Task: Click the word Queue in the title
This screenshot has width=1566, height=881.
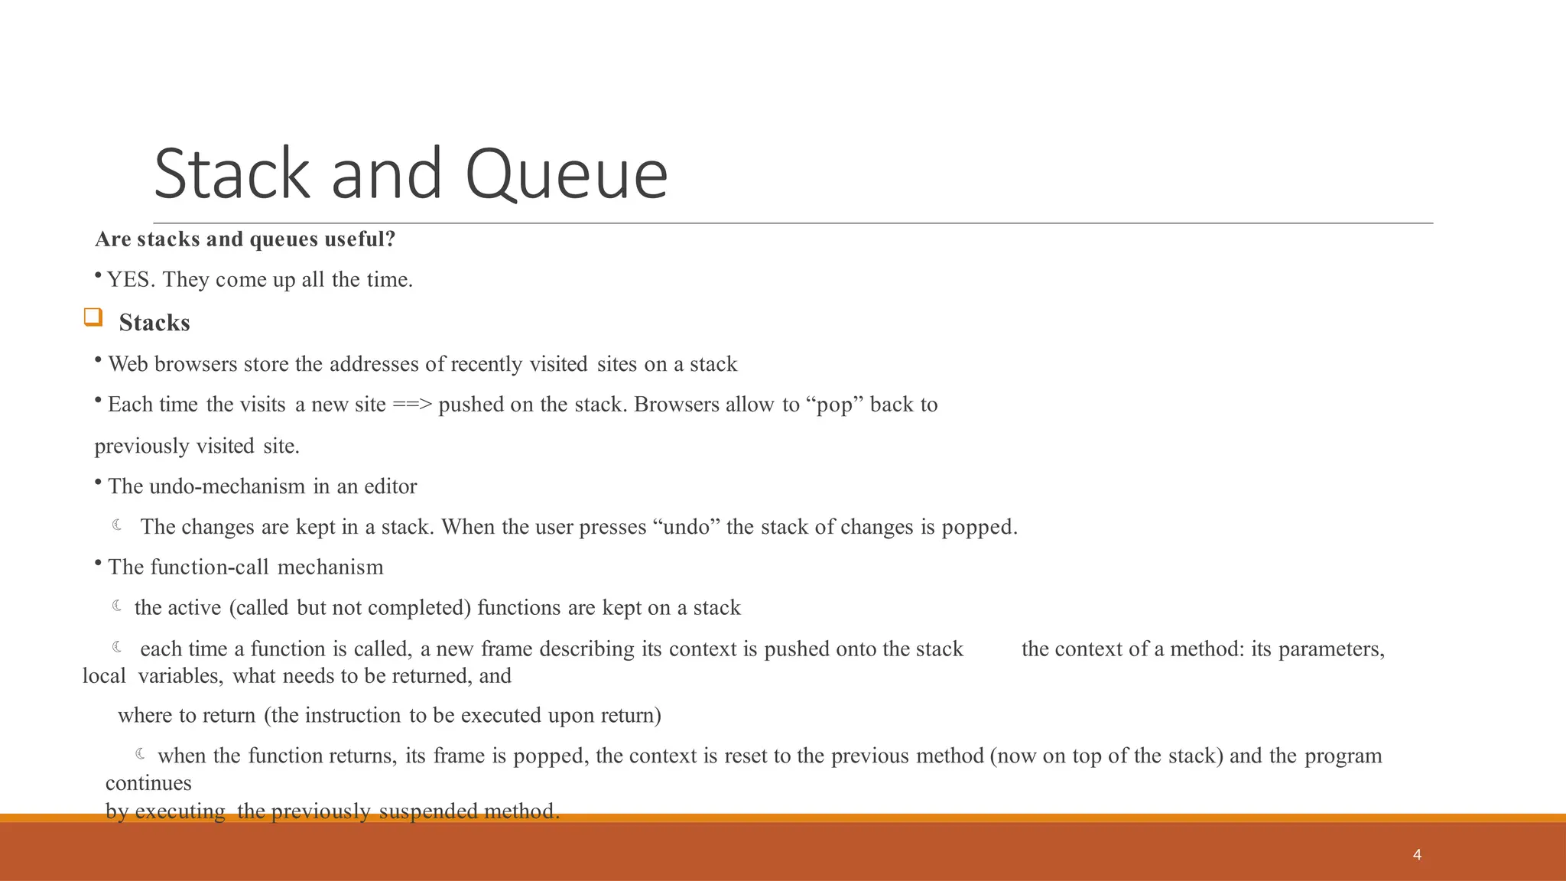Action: tap(566, 174)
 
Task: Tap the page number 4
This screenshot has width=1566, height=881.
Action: tap(1417, 855)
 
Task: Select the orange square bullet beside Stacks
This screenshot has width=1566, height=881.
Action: tap(93, 317)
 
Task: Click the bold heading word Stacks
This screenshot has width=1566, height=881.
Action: tap(154, 323)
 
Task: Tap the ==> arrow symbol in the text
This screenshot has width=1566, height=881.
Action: tap(412, 405)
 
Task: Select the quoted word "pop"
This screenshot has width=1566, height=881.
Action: tap(835, 405)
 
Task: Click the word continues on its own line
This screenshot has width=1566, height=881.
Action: tap(148, 783)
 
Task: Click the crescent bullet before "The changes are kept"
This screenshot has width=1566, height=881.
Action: tap(118, 525)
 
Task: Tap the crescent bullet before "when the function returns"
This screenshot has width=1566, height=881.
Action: tap(141, 755)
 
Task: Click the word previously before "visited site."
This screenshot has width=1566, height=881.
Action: tap(141, 446)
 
